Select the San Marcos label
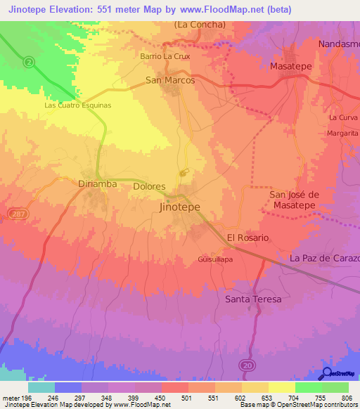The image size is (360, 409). tap(170, 80)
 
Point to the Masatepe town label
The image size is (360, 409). tap(291, 66)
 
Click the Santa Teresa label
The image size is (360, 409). tap(253, 299)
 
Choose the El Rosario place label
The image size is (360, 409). tap(247, 238)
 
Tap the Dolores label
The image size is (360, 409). tap(149, 187)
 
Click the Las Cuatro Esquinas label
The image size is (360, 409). tap(78, 105)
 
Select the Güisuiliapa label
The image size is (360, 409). tap(216, 259)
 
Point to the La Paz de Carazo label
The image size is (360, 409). tap(324, 258)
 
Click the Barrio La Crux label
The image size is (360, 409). tap(165, 56)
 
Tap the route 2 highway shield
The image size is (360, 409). tap(29, 62)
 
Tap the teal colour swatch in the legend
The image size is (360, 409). tap(41, 387)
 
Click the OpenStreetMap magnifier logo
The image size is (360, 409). tap(326, 375)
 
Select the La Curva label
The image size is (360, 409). tap(343, 117)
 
